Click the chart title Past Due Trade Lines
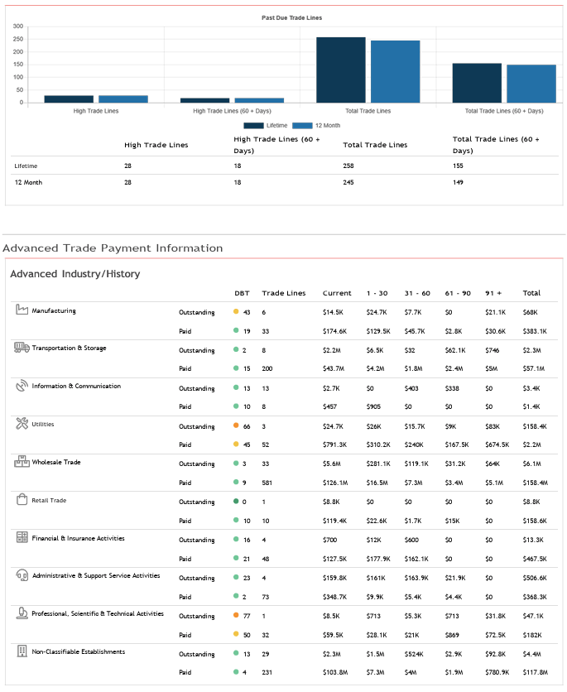pos(291,17)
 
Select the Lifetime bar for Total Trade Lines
pos(340,70)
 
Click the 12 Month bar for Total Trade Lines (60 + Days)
pos(531,84)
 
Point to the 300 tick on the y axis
pos(18,26)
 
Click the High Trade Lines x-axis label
pos(95,111)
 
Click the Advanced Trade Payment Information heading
pos(113,247)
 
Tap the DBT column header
pos(242,293)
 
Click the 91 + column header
pos(493,293)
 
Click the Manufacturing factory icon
pos(22,310)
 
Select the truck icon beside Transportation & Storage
pos(22,348)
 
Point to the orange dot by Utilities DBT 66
pos(236,426)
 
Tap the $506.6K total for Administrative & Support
pos(535,579)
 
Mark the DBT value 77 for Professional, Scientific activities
pos(247,617)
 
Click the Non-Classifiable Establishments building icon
pos(22,651)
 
